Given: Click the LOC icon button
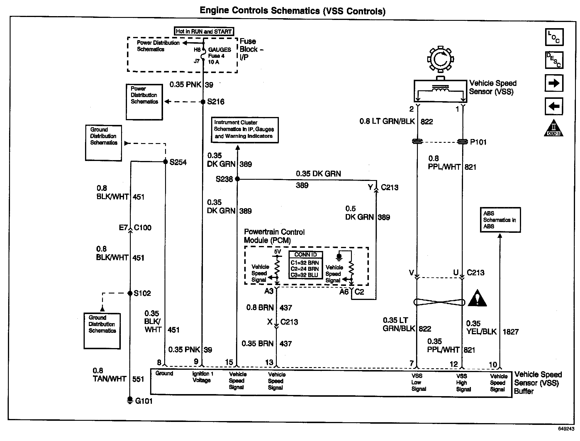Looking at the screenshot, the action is [x=554, y=37].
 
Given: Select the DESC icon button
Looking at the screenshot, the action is [x=554, y=60].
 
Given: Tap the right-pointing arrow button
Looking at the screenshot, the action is [x=554, y=83].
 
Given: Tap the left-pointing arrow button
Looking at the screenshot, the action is [x=554, y=106].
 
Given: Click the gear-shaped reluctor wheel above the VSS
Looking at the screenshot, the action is [x=440, y=60].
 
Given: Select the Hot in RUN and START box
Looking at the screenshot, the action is [x=204, y=31].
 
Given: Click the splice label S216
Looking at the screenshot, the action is [x=216, y=102].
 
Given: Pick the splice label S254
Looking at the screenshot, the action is [x=178, y=162].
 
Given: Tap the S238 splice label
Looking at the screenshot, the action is [x=224, y=179].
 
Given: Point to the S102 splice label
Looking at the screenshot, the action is [x=142, y=293].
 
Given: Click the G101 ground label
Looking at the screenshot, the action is [x=144, y=401].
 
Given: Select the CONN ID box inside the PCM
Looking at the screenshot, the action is [x=306, y=265].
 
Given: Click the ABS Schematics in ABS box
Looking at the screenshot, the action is [x=500, y=220].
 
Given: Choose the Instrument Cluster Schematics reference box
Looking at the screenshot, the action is [x=245, y=130].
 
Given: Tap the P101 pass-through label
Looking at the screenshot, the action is [x=478, y=142].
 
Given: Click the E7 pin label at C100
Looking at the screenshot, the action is [x=123, y=228].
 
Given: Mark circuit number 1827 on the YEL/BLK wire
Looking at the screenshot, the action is [x=511, y=332].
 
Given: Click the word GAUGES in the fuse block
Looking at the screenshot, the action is [x=220, y=50].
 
